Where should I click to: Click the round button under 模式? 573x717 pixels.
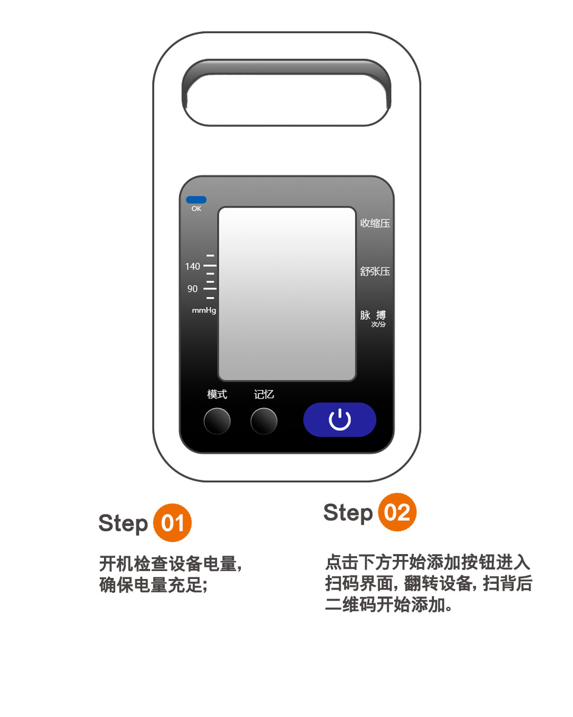click(x=217, y=421)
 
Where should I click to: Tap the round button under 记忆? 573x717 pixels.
click(x=264, y=421)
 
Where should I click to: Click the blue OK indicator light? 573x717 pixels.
click(x=196, y=200)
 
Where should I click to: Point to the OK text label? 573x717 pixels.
click(x=196, y=209)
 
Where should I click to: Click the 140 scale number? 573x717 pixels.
click(x=193, y=266)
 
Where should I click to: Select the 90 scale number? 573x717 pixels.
click(x=193, y=289)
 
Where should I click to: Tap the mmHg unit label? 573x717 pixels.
click(x=204, y=310)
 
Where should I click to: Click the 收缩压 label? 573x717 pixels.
click(x=375, y=223)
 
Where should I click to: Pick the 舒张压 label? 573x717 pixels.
click(x=375, y=271)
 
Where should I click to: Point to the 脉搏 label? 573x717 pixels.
click(x=373, y=315)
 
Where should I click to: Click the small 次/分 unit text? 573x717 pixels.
click(x=378, y=324)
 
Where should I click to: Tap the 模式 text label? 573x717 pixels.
click(x=217, y=394)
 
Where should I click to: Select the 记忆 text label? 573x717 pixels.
click(x=264, y=394)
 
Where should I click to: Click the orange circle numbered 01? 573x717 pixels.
click(x=172, y=523)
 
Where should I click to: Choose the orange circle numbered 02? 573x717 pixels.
click(x=397, y=512)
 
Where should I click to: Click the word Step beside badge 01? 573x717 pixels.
click(x=123, y=524)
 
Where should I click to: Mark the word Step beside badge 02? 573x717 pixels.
click(x=348, y=513)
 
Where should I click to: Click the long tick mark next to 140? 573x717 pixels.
click(x=210, y=265)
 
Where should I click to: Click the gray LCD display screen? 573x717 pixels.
click(x=287, y=294)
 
